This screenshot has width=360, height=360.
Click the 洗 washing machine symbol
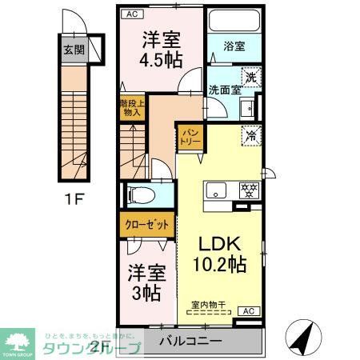click(250, 77)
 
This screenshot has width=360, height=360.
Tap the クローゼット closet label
click(146, 225)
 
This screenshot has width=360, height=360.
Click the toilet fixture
click(138, 194)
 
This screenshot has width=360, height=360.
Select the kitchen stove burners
click(249, 190)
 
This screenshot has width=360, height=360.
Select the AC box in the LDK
click(249, 310)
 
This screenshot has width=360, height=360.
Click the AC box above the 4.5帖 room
click(130, 14)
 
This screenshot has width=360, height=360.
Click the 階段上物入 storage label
click(131, 108)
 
